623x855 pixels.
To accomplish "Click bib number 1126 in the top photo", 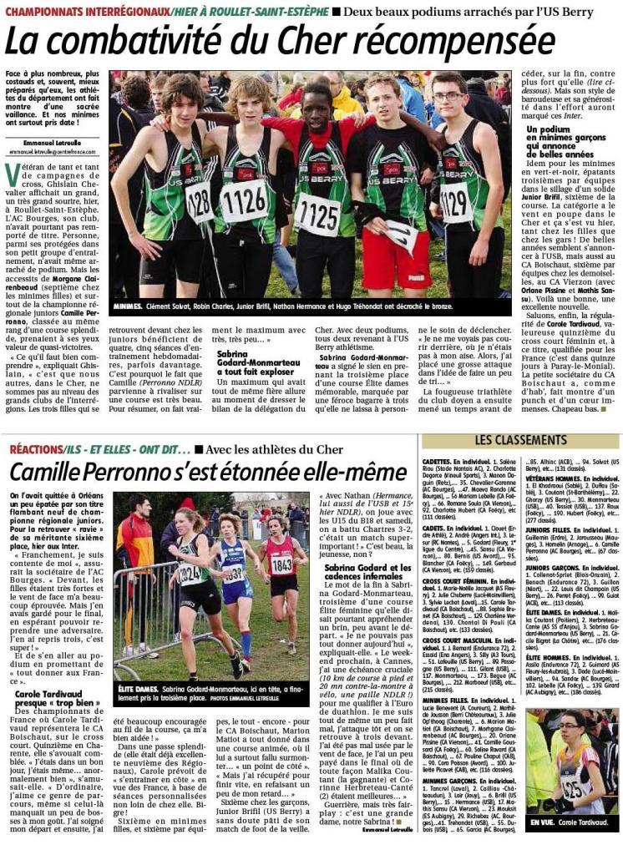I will click(243, 202).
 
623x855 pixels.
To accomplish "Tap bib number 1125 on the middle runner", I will click(318, 216).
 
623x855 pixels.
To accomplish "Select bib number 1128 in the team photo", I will click(200, 201).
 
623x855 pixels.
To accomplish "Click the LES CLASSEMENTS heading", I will click(520, 439).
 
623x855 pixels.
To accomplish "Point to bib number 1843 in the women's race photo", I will click(281, 565).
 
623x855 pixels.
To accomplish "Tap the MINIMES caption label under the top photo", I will click(131, 306).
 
